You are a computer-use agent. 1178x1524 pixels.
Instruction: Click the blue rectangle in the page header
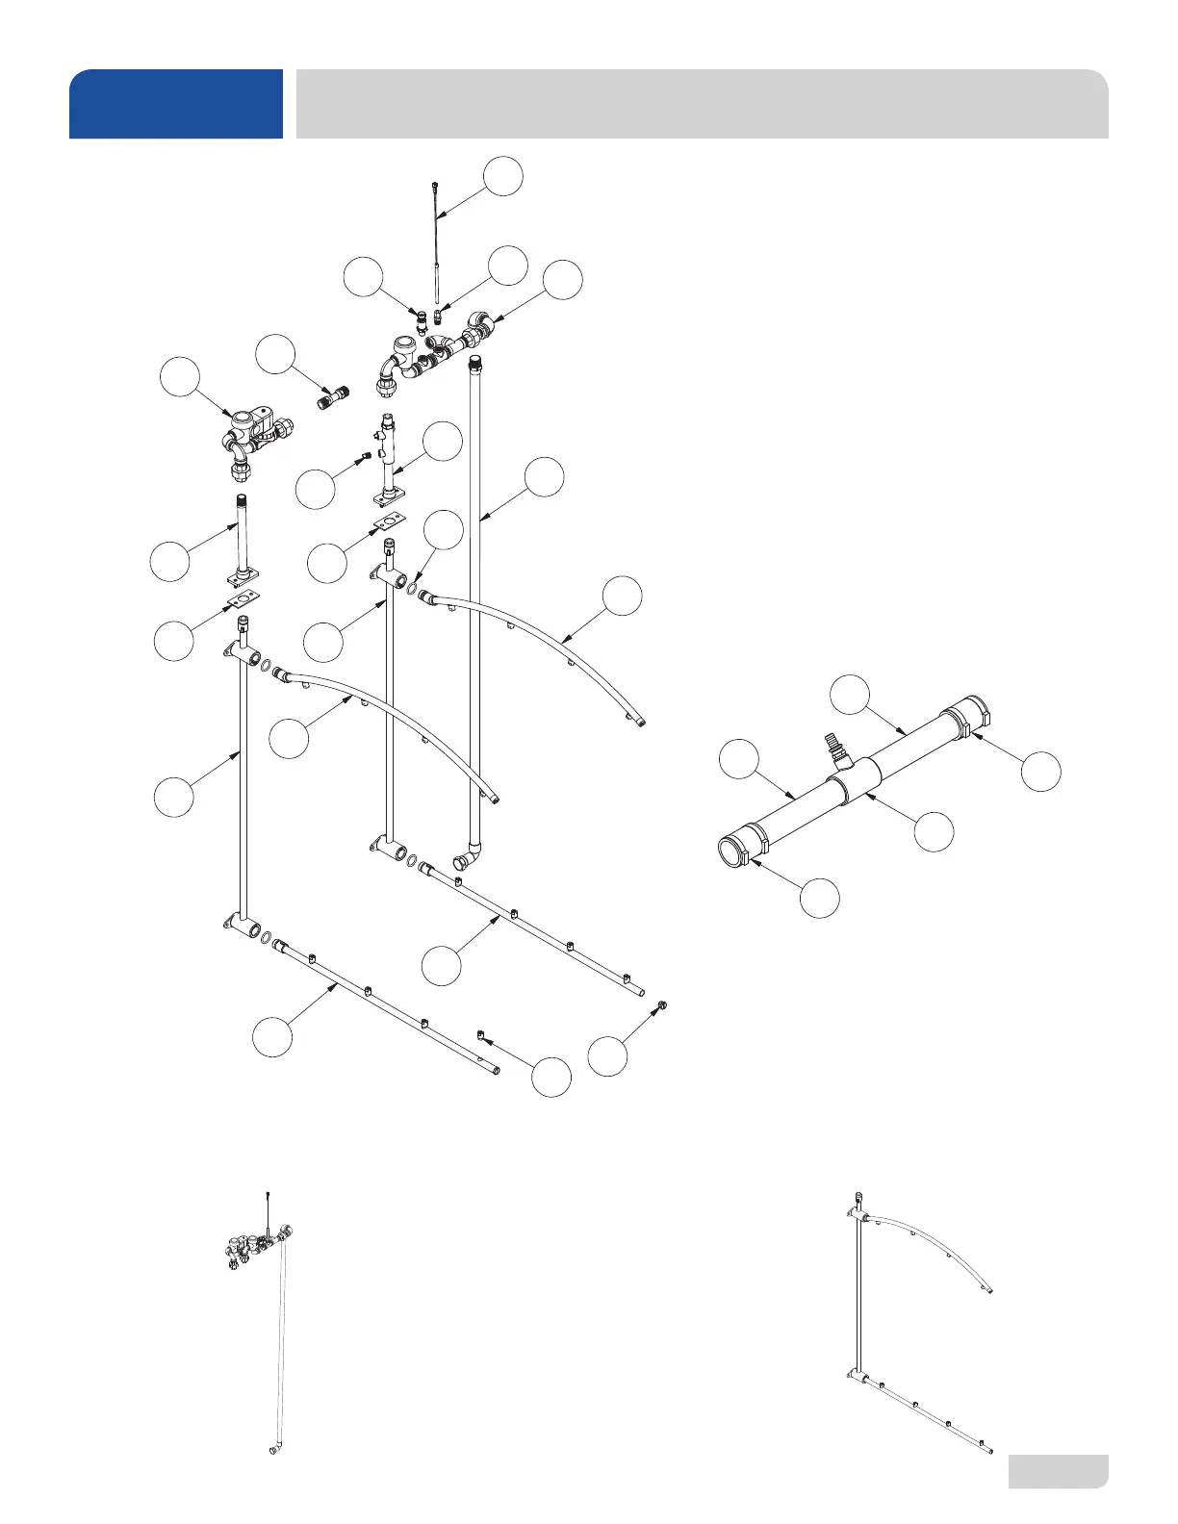point(176,104)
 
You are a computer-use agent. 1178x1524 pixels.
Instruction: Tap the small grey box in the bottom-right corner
point(1058,1471)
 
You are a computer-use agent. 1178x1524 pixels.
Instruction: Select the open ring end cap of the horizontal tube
point(735,852)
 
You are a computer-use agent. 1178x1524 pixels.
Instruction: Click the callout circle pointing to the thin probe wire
point(503,177)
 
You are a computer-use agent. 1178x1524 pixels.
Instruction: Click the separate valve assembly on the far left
point(252,439)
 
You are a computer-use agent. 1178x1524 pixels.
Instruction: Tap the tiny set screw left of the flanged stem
point(365,456)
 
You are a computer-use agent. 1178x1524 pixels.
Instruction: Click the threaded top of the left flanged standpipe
point(239,506)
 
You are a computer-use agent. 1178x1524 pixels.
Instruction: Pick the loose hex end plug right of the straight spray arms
point(661,1006)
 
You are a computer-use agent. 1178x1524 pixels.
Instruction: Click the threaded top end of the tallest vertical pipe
point(474,365)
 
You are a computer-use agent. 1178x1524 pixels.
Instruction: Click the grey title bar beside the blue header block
point(702,104)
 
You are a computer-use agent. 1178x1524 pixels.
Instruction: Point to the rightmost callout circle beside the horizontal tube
point(1040,772)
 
